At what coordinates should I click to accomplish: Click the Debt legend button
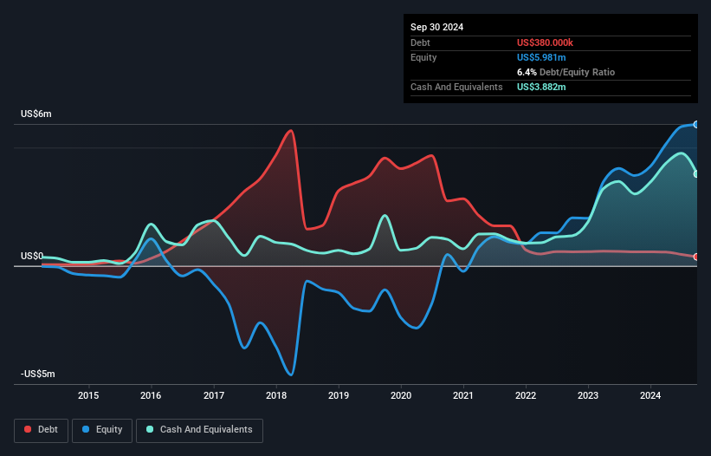pos(40,429)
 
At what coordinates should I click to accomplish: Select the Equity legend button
pos(102,429)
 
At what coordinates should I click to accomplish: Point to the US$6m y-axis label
pos(36,114)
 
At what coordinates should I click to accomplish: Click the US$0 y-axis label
pos(32,256)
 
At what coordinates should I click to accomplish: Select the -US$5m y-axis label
pos(37,374)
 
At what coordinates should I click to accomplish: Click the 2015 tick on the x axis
pos(88,396)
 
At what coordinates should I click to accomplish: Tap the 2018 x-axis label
pos(276,396)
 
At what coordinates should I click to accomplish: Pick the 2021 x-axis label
pos(463,396)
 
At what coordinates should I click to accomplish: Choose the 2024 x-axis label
pos(651,396)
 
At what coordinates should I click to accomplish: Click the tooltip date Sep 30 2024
pos(436,27)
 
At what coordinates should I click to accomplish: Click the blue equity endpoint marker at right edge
pos(696,125)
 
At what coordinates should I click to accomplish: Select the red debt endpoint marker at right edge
pos(696,257)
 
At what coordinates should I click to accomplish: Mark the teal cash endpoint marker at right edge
pos(696,174)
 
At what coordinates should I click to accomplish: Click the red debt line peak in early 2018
pos(291,131)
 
